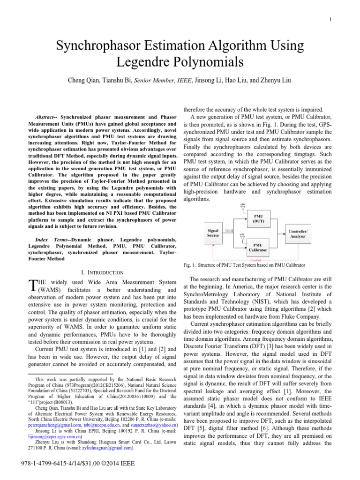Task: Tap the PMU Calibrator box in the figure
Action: pos(257,247)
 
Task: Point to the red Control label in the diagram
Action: pos(256,259)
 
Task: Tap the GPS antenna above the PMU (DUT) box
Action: pos(242,206)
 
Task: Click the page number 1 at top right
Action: pos(331,19)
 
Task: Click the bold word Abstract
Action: pos(45,116)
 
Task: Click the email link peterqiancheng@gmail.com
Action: pos(55,422)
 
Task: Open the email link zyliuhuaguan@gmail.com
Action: pos(107,448)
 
